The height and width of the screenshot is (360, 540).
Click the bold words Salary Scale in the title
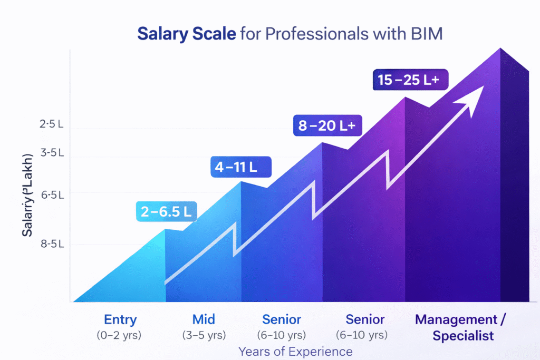pyautogui.click(x=186, y=34)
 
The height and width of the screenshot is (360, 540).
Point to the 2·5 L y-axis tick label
pyautogui.click(x=51, y=124)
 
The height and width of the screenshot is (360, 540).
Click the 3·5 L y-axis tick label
pyautogui.click(x=52, y=153)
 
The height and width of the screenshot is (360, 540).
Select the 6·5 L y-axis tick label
pyautogui.click(x=52, y=195)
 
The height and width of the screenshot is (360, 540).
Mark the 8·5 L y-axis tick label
pyautogui.click(x=52, y=244)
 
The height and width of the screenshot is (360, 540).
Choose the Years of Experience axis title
pyautogui.click(x=295, y=351)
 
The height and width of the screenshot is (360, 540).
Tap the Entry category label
pyautogui.click(x=120, y=319)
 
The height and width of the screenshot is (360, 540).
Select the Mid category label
pyautogui.click(x=204, y=319)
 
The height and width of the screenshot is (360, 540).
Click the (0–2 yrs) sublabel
pyautogui.click(x=120, y=335)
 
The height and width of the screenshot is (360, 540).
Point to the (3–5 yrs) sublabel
pyautogui.click(x=204, y=335)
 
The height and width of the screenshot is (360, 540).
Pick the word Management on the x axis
pyautogui.click(x=455, y=319)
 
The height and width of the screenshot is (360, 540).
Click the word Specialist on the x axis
pyautogui.click(x=462, y=335)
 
